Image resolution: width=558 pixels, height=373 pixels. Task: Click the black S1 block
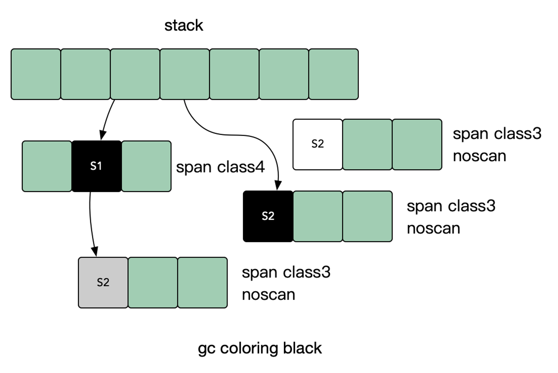[96, 166]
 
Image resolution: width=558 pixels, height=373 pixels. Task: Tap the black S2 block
[268, 216]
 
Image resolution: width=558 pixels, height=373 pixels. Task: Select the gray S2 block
[103, 283]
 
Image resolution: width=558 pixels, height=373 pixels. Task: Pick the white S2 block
[317, 144]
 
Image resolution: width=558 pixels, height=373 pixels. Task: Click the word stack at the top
[184, 26]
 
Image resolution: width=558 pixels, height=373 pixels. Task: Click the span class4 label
[220, 167]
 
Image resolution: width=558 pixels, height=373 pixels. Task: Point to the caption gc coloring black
[260, 348]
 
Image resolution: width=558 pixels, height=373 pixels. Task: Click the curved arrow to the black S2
[237, 135]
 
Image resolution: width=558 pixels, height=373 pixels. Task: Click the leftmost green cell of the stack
[36, 74]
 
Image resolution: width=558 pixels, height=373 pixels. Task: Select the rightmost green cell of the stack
[333, 74]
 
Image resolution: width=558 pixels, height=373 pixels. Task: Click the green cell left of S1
[47, 166]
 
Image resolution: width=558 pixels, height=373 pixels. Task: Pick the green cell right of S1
[146, 166]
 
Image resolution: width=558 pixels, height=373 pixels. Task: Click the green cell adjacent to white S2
[367, 144]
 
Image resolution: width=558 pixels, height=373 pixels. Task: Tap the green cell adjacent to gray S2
[153, 283]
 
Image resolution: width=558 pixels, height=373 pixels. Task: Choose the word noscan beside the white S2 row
[479, 156]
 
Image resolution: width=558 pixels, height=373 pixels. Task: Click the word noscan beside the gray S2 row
[268, 295]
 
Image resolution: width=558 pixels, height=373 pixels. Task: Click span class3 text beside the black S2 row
[451, 206]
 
